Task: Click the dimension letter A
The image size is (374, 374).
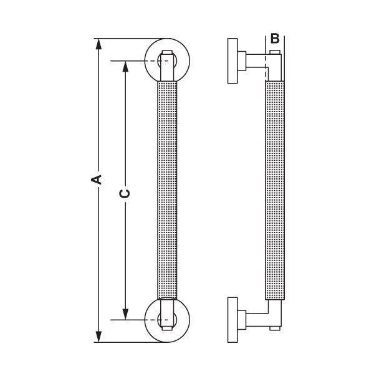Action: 96,180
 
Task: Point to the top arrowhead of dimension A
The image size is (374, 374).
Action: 97,44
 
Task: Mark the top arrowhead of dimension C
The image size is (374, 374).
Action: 125,65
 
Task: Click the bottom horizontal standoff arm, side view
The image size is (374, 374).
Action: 252,320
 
